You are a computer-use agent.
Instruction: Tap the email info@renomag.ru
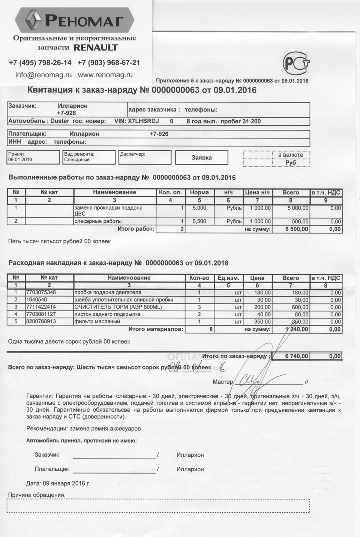pos(43,75)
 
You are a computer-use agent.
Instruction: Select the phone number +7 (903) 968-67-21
pos(109,63)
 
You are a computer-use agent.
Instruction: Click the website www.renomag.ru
pos(105,75)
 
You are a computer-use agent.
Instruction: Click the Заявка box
pos(201,157)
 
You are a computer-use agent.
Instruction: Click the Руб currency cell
pos(291,163)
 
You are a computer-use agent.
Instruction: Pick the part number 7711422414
pos(41,307)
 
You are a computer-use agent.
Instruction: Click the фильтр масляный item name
pos(97,321)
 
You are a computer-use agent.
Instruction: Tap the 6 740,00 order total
pos(296,356)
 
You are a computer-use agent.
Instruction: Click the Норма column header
pos(199,192)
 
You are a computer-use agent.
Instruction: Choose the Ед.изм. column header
pos(228,278)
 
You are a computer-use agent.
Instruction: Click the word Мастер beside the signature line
pos(223,382)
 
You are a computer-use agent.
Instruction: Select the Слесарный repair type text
pos(77,160)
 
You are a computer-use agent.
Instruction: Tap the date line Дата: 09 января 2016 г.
pos(58,483)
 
